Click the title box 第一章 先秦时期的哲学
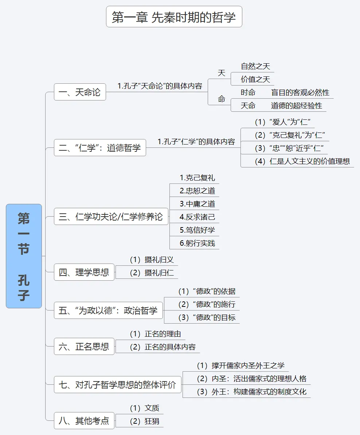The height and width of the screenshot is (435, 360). pyautogui.click(x=174, y=17)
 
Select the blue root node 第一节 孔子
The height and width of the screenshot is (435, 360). pyautogui.click(x=24, y=256)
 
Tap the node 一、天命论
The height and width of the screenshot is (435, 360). pyautogui.click(x=80, y=92)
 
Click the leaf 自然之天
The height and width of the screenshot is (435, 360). pyautogui.click(x=255, y=66)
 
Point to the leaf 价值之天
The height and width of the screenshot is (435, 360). pyautogui.click(x=255, y=79)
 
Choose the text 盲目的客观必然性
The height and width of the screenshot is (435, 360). pyautogui.click(x=300, y=92)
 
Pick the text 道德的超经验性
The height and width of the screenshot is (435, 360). pyautogui.click(x=296, y=106)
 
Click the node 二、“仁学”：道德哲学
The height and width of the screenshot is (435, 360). pyautogui.click(x=100, y=148)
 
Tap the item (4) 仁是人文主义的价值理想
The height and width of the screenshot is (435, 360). pyautogui.click(x=302, y=161)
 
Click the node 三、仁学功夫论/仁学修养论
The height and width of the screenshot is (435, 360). pyautogui.click(x=111, y=217)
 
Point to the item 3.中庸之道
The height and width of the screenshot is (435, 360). pyautogui.click(x=197, y=204)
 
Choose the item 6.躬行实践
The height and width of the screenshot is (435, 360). pyautogui.click(x=197, y=243)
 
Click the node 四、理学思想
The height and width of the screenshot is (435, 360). pyautogui.click(x=84, y=272)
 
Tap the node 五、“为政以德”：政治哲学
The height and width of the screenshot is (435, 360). pyautogui.click(x=108, y=311)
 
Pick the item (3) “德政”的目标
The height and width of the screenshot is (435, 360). pyautogui.click(x=207, y=317)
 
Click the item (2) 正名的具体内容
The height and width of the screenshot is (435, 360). pyautogui.click(x=163, y=347)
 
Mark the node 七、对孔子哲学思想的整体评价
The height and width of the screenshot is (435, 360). pyautogui.click(x=117, y=385)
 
